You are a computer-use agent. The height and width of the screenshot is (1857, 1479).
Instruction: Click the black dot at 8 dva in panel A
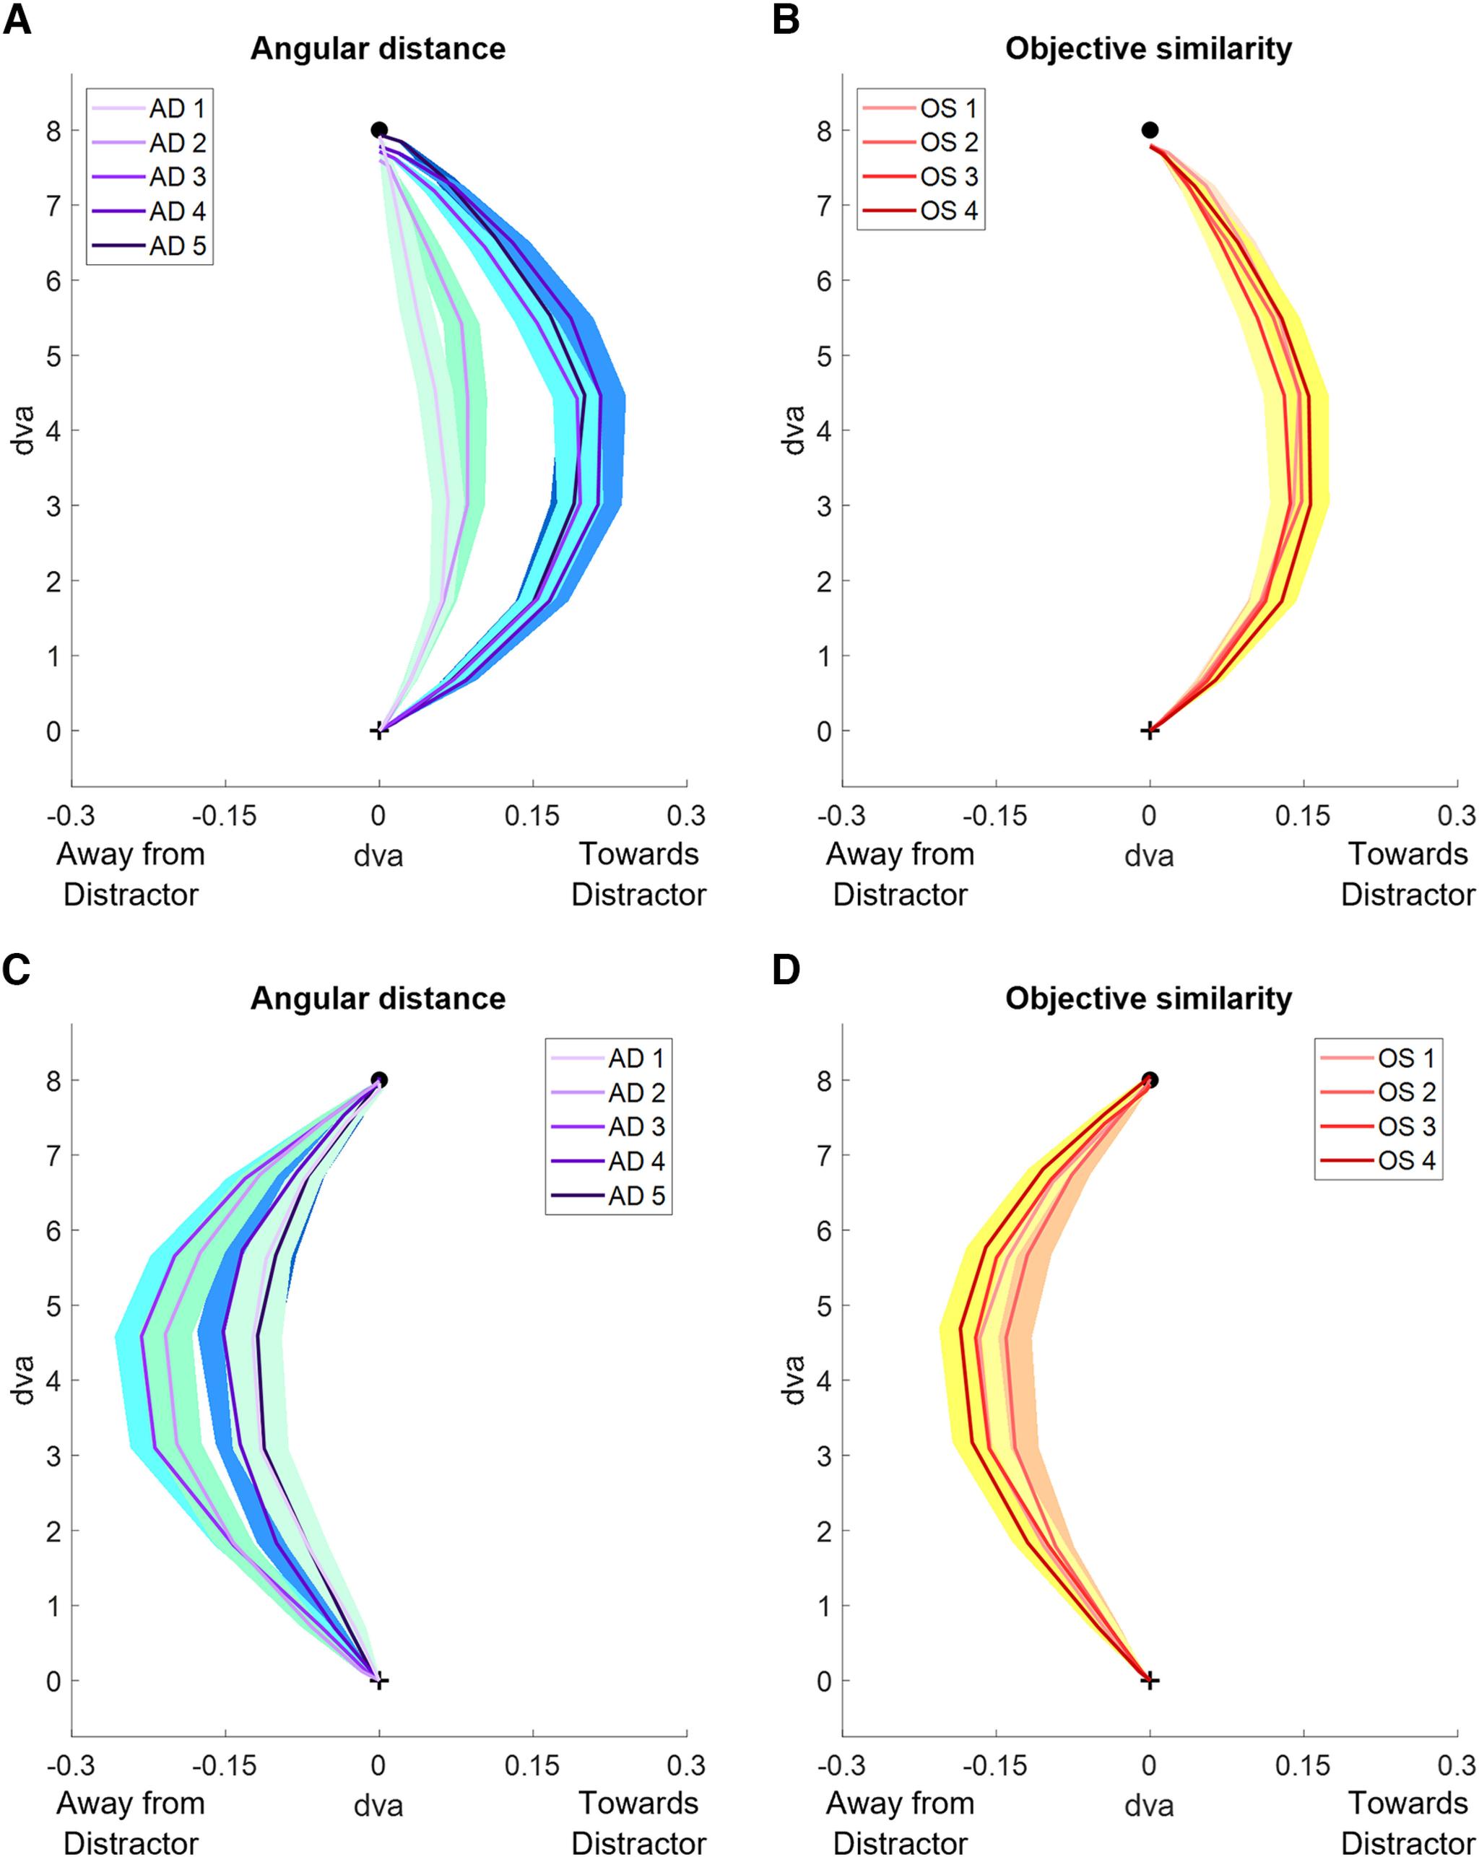coord(379,130)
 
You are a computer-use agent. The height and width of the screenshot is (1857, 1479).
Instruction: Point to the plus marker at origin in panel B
coord(1149,731)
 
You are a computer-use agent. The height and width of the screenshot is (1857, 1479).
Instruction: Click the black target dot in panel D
coord(1149,1080)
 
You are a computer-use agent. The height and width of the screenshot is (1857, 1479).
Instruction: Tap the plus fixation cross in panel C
coord(379,1680)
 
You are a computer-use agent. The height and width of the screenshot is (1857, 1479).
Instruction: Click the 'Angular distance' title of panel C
coord(378,999)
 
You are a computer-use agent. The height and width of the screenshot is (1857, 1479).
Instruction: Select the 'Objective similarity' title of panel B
coord(1148,48)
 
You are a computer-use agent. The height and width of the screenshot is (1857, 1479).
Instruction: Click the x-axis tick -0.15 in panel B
coord(996,815)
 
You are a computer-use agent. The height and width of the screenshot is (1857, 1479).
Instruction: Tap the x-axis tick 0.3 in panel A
coord(687,815)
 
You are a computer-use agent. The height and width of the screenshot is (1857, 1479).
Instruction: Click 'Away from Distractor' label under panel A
coord(131,874)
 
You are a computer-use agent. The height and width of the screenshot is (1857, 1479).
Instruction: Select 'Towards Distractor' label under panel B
coord(1408,874)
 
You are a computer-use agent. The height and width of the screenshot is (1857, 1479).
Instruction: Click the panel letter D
coord(786,970)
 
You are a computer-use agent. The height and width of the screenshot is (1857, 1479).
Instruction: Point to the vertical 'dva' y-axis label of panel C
coord(23,1380)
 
